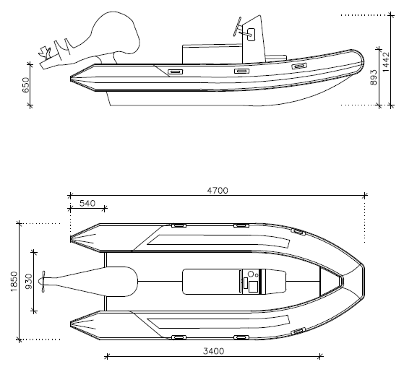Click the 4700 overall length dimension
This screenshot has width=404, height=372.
(218, 191)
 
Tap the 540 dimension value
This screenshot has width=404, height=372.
(87, 204)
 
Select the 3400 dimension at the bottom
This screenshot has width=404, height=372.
(214, 351)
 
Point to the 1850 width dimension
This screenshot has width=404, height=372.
(14, 282)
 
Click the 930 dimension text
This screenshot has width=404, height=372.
(30, 282)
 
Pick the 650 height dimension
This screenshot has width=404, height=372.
(26, 85)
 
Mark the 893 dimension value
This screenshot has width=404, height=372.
(374, 77)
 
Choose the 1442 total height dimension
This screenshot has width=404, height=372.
(386, 62)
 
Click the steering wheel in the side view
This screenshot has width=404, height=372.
(237, 26)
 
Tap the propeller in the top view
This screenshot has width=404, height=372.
(43, 282)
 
